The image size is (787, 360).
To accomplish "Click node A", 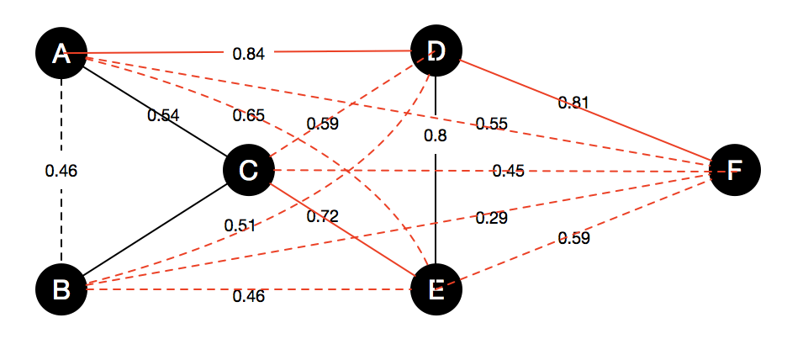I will [x=61, y=54].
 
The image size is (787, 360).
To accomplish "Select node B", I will [x=61, y=289].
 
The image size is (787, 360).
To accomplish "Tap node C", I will [x=248, y=171].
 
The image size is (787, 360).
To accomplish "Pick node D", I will [x=436, y=51].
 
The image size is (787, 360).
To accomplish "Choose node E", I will [x=436, y=289].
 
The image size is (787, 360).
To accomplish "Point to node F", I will [x=734, y=170].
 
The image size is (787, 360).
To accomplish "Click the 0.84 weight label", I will [x=249, y=55].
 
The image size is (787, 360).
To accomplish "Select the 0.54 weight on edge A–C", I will [x=163, y=115].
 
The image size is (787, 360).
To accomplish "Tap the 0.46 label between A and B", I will [x=61, y=171].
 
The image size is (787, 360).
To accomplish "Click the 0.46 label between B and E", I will [x=249, y=295].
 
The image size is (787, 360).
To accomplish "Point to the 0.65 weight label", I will [x=249, y=115].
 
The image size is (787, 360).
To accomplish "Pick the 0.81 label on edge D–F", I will [x=573, y=103].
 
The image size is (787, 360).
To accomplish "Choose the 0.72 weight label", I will [x=322, y=216].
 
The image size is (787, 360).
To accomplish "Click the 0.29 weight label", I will [x=492, y=219].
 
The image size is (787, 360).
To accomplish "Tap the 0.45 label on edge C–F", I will [x=509, y=172].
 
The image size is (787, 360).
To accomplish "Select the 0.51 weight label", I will [x=240, y=225].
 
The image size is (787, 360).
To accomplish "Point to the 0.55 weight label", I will [x=491, y=124].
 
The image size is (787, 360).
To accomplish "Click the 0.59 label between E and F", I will [x=574, y=239].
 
